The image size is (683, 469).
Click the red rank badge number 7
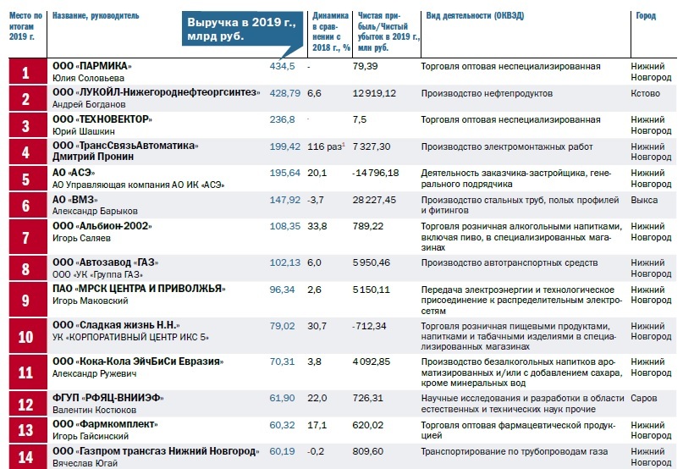[25, 237]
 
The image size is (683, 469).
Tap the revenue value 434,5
[282, 66]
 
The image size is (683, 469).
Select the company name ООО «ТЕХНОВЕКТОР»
[102, 119]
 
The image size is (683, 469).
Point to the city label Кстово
[645, 93]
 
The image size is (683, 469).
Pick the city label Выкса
[645, 200]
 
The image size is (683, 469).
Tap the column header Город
[645, 16]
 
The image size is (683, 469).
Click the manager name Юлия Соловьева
[83, 77]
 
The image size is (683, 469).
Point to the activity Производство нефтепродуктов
[487, 93]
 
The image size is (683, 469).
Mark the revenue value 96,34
[283, 289]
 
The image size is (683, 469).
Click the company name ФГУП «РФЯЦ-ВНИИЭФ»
[107, 398]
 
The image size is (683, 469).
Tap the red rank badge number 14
[25, 457]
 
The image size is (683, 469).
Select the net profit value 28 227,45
[375, 200]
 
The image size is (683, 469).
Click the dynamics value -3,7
[316, 200]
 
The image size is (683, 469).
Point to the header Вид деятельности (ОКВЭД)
[480, 16]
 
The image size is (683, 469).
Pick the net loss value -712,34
[371, 326]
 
